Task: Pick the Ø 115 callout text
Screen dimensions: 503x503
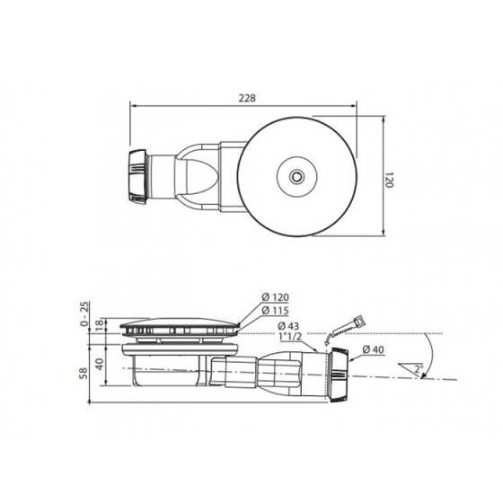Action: point(275,311)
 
